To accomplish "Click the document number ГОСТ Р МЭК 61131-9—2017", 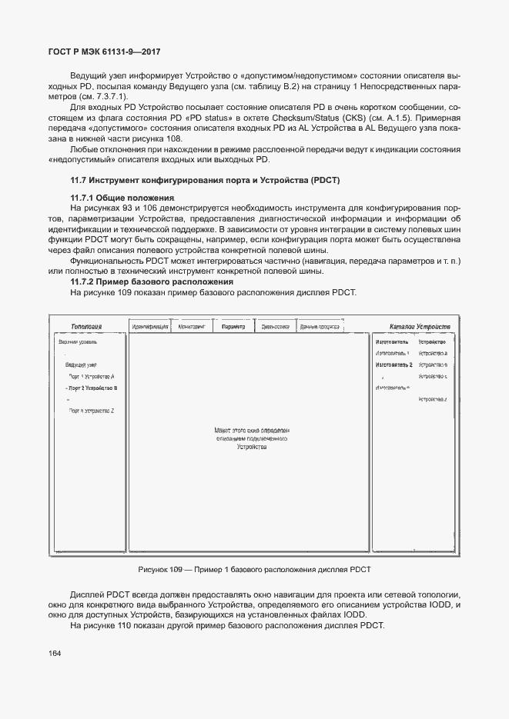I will [104, 52].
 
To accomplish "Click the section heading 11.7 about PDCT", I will [205, 180].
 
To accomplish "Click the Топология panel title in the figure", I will [87, 327].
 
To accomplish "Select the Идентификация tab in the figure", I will [150, 327].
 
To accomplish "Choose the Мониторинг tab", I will [191, 327].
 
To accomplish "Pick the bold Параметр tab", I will [233, 327].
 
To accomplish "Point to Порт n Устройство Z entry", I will [92, 411].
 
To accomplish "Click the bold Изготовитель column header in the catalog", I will [392, 341].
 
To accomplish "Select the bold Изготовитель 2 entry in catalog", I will [394, 364].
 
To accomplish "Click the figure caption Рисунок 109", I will [254, 568].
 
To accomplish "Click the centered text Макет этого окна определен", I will [252, 431].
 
